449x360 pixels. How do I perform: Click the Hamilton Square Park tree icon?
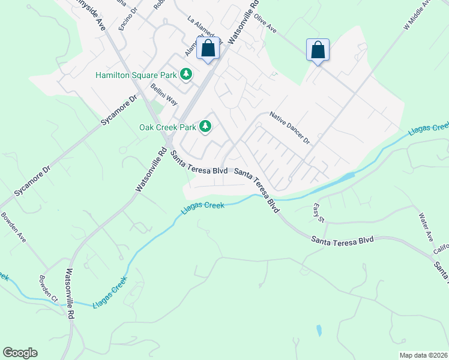[187, 74]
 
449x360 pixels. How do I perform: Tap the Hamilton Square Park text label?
[136, 75]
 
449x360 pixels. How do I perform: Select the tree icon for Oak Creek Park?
[205, 127]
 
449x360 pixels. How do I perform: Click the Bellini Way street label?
[164, 94]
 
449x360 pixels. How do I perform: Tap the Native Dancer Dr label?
[289, 128]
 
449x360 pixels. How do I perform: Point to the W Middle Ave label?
[417, 16]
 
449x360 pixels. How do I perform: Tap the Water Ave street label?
[426, 226]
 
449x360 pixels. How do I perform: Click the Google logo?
[20, 353]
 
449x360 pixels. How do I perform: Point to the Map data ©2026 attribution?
[423, 355]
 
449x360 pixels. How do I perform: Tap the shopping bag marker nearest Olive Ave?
[318, 50]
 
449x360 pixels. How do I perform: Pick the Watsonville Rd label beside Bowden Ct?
[71, 293]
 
